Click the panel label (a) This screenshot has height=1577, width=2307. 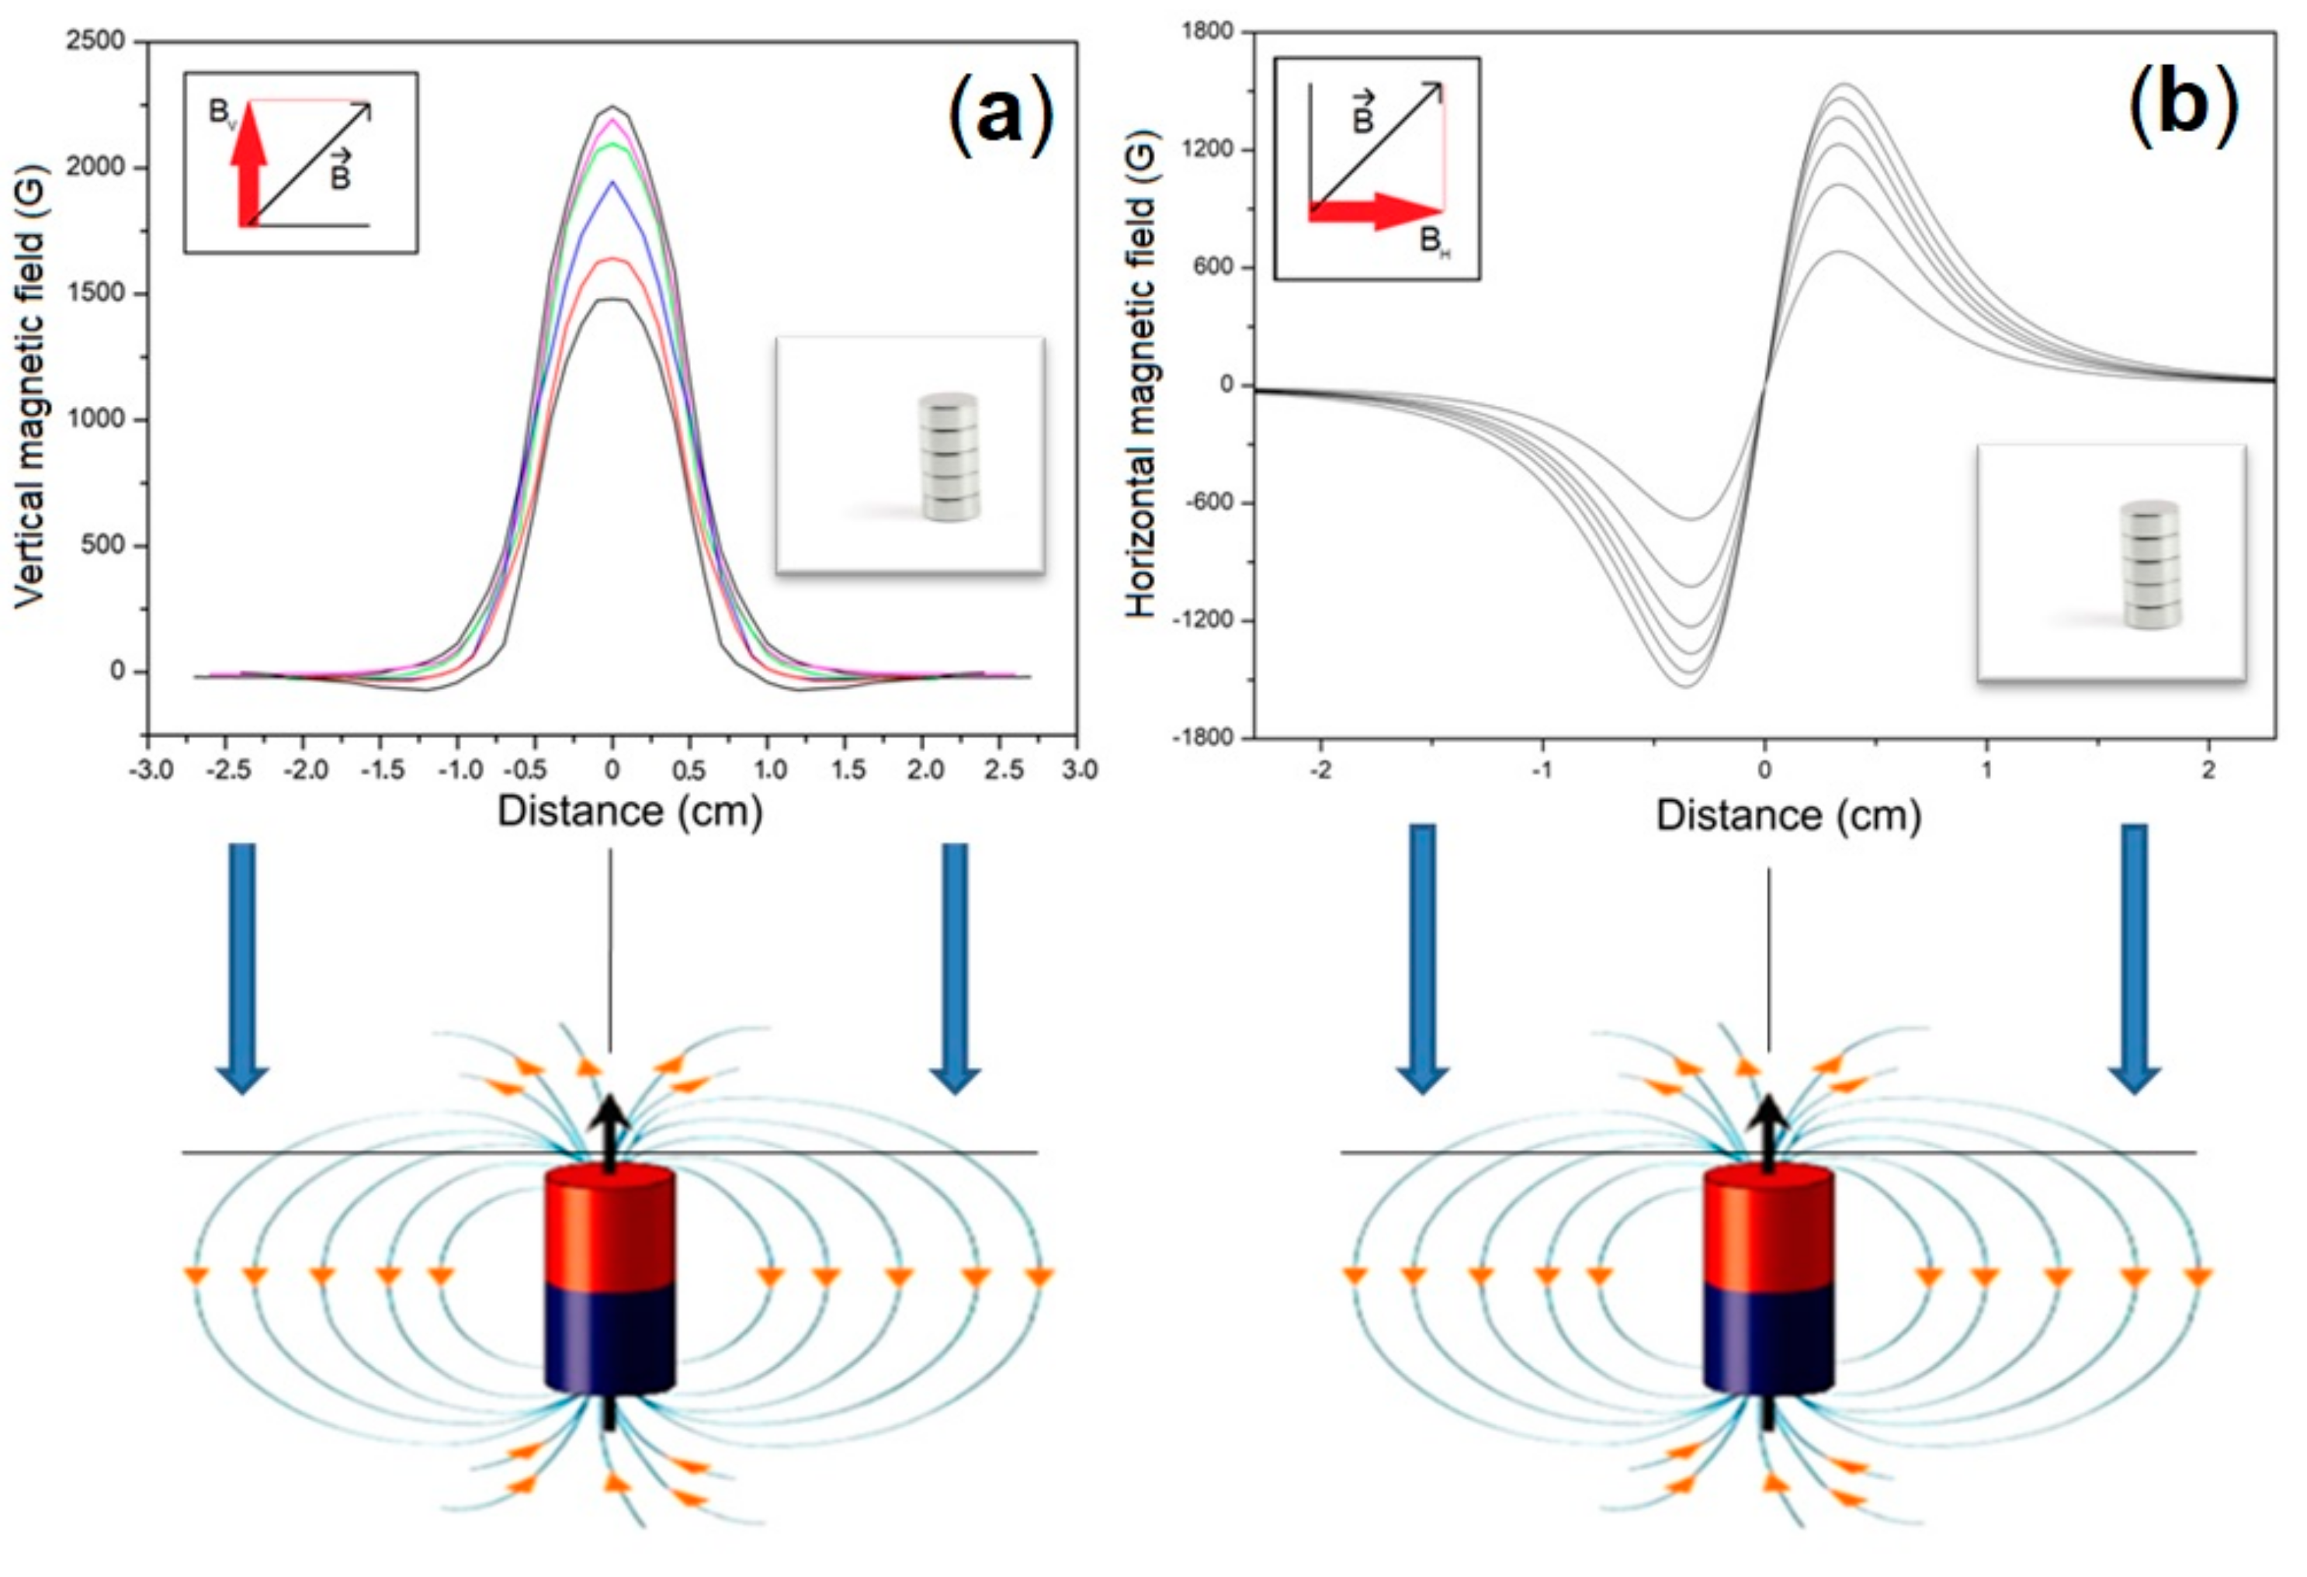click(1001, 116)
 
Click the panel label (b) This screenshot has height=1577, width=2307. click(2182, 104)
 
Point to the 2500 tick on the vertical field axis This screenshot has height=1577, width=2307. click(95, 40)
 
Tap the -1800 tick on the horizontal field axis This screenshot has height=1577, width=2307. click(1202, 737)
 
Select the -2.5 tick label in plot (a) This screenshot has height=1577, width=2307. click(227, 770)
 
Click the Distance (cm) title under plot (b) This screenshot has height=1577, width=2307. click(1788, 816)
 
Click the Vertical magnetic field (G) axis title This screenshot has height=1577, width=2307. click(29, 387)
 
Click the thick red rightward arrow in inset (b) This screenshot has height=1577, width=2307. click(1376, 210)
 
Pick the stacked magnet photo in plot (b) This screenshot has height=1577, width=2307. click(2150, 563)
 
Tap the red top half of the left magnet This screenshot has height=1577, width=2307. click(609, 1228)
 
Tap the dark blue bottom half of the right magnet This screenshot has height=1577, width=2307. click(1768, 1338)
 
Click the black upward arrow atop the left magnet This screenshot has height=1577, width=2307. click(609, 1132)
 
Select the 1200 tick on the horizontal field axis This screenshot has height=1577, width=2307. click(1207, 149)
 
